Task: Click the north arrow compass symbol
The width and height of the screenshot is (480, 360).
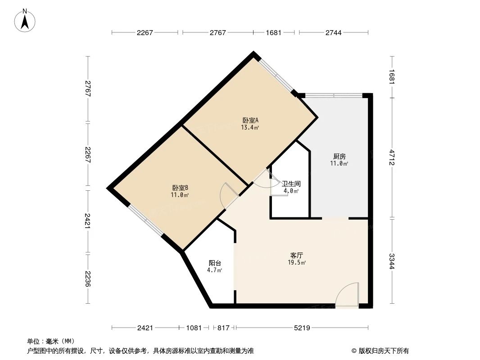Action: click(x=26, y=20)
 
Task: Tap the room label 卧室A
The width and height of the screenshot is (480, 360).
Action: click(x=250, y=120)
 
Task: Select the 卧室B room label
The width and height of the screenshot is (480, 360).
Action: click(x=180, y=188)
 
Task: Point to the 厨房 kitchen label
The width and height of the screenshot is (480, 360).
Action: click(x=340, y=156)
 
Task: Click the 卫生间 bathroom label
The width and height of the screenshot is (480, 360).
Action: click(x=291, y=184)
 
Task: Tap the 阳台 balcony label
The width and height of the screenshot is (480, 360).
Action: click(x=214, y=263)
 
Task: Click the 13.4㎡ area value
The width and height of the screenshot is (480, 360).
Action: click(x=250, y=127)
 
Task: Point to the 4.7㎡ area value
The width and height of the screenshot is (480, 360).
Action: click(x=214, y=270)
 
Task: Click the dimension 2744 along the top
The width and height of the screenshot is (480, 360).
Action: click(x=334, y=32)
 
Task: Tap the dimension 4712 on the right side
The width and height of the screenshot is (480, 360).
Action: click(x=392, y=157)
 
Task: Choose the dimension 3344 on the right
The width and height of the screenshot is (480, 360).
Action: click(x=392, y=261)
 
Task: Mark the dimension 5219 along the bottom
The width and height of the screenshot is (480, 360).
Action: click(x=302, y=328)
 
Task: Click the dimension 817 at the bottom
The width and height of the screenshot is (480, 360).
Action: click(x=223, y=328)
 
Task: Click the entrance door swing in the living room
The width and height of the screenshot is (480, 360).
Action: click(x=347, y=295)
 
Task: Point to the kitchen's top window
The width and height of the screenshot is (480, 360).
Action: click(x=334, y=95)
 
